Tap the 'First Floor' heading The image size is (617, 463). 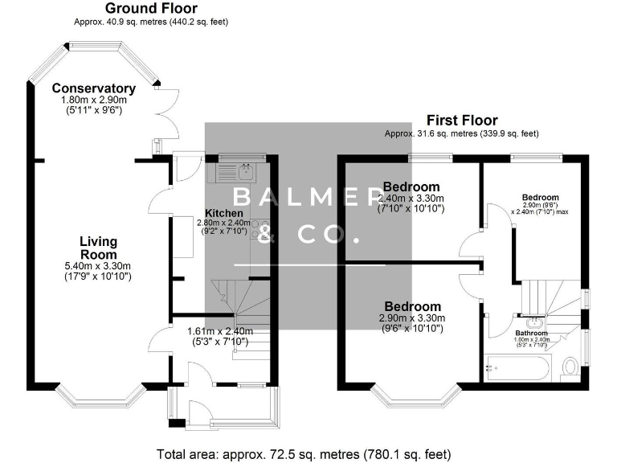tap(461, 121)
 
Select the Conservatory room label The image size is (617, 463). tap(93, 88)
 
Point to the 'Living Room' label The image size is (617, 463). tap(99, 248)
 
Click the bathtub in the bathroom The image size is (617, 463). tap(517, 368)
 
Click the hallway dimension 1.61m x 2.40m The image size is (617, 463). tap(219, 331)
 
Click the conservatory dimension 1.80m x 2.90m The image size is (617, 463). tap(93, 100)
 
